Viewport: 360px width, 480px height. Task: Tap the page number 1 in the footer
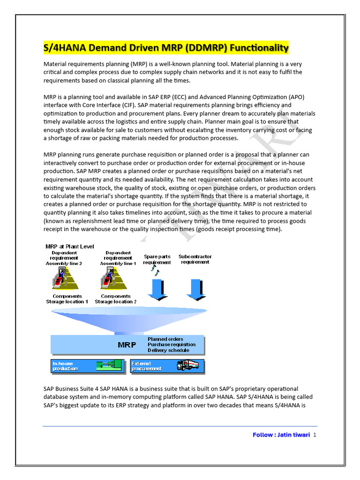click(315, 435)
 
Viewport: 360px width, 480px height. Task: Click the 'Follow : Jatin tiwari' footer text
click(281, 435)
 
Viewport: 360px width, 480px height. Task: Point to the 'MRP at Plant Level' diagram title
click(69, 247)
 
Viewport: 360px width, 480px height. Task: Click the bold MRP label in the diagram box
click(127, 345)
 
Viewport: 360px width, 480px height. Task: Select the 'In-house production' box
click(87, 366)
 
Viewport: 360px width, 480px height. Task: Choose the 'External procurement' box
click(167, 366)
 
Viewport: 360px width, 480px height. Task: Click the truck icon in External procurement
click(187, 365)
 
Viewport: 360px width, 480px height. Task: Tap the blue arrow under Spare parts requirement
click(157, 289)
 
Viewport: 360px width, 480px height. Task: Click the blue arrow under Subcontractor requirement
click(195, 289)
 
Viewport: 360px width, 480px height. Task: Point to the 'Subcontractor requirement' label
click(195, 259)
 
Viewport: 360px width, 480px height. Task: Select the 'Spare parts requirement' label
click(157, 259)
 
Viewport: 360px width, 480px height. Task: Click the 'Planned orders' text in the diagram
click(165, 339)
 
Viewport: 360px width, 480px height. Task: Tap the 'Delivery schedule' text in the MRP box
click(168, 350)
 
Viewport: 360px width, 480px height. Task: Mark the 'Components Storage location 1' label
click(67, 299)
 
